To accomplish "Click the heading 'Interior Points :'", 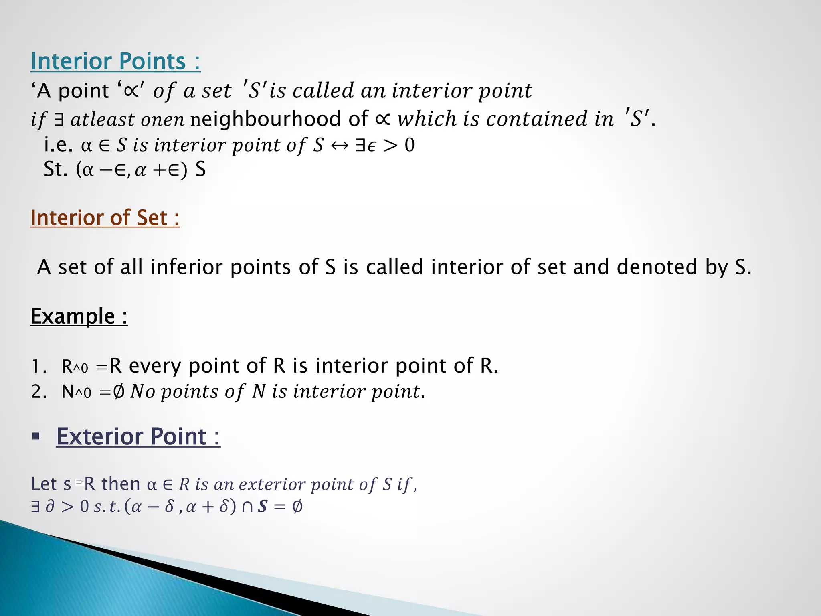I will [115, 61].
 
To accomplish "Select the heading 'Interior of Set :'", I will [105, 218].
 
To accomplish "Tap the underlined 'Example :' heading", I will [79, 316].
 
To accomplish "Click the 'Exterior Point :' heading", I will [138, 436].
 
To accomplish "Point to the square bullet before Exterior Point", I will [36, 436].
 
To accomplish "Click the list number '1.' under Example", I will [39, 367].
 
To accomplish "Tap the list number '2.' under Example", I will [39, 392].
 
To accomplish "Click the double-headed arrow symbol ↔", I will [340, 146].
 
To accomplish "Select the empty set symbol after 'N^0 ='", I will [119, 392].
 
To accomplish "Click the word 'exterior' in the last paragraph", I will [273, 484].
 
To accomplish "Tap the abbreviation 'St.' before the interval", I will [55, 170].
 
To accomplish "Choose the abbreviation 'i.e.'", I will [59, 145].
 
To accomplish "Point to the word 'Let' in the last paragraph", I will [43, 484].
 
